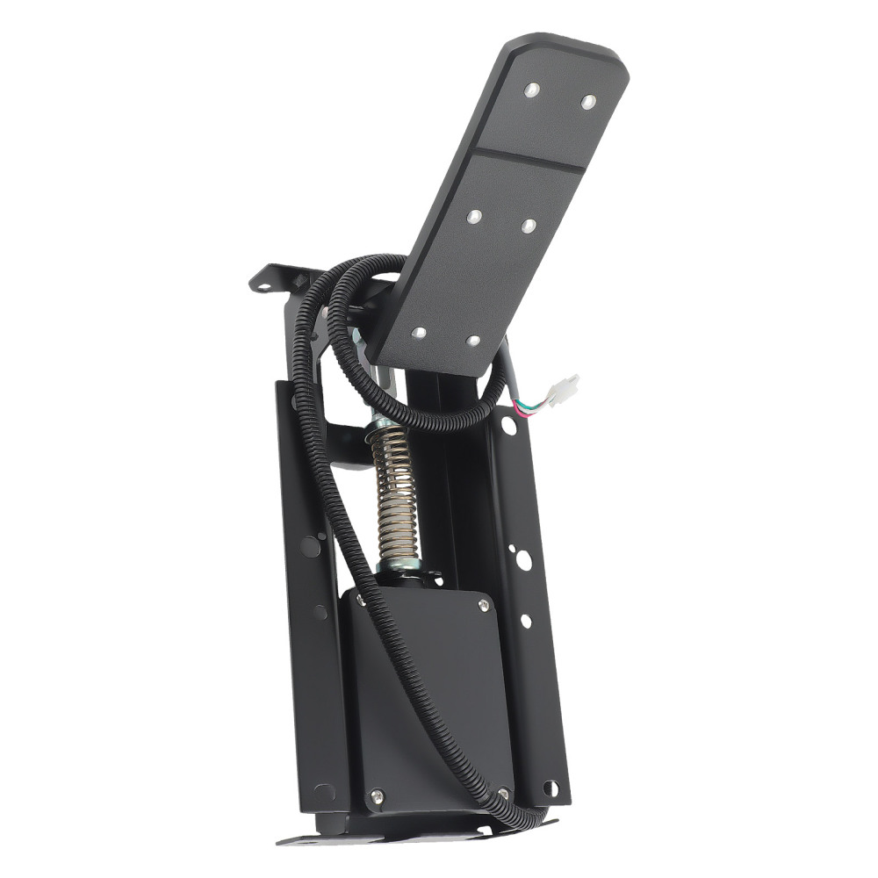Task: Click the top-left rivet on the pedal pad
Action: [x=530, y=89]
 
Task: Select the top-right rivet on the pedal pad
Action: [x=588, y=102]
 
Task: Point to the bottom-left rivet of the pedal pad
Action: [x=419, y=333]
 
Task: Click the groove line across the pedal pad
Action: [x=527, y=161]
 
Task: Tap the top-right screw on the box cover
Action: [x=482, y=605]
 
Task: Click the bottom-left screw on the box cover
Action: [x=378, y=795]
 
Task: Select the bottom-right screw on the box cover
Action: [x=502, y=794]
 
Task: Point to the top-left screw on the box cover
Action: [x=361, y=600]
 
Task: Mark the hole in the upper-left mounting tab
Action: [x=261, y=284]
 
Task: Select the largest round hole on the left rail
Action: [x=310, y=546]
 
